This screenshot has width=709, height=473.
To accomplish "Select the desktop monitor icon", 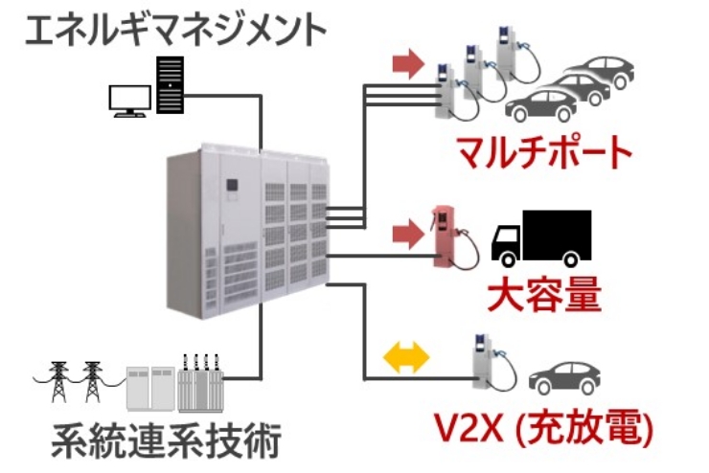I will [126, 100].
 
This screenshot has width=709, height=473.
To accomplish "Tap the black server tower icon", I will [171, 87].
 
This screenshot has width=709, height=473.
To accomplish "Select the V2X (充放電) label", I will [541, 429].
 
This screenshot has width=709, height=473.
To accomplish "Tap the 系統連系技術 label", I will [165, 443].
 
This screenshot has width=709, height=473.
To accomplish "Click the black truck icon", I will [540, 237].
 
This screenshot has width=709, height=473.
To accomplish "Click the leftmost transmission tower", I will [59, 380].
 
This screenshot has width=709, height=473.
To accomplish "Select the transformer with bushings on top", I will [197, 383].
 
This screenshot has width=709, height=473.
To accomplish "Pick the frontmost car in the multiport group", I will [546, 105].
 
